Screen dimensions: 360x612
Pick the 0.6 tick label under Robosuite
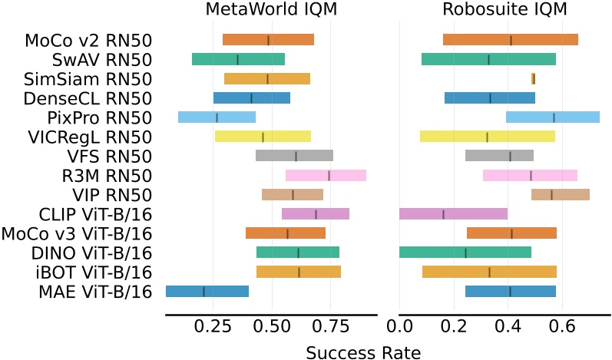[x=562, y=325]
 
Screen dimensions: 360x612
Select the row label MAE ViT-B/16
[x=88, y=291]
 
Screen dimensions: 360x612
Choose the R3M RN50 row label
[x=106, y=175]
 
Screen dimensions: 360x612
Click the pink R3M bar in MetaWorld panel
[x=326, y=175]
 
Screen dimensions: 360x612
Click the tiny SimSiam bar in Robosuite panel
[x=533, y=78]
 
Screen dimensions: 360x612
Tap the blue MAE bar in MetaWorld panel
[x=207, y=291]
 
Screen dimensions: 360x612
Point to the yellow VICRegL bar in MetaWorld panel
[x=263, y=137]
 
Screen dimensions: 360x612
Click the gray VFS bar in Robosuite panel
[x=499, y=156]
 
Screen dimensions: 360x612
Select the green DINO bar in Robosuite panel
[x=465, y=252]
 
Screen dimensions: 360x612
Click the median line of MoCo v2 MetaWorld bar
[x=268, y=40]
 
